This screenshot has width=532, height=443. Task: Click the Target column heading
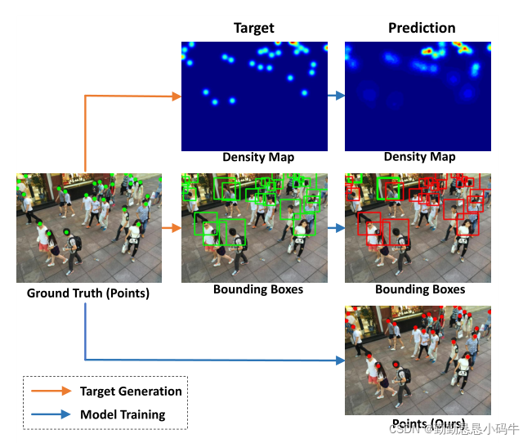tap(254, 29)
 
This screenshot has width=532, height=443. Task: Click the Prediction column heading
tap(422, 29)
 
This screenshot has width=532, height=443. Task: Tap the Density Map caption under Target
tap(258, 157)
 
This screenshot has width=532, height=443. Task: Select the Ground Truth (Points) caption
tap(88, 293)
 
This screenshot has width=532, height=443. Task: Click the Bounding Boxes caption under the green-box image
tap(258, 289)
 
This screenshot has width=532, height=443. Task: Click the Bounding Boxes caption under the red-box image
tap(420, 289)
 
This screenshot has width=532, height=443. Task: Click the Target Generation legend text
tap(131, 392)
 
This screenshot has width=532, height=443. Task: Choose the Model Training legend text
tap(123, 414)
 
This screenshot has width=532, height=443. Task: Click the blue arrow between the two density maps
tap(336, 96)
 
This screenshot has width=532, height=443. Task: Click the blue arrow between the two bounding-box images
tap(336, 228)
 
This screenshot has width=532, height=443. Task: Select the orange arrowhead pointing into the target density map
tap(176, 96)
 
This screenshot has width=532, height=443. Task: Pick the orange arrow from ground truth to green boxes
tap(171, 228)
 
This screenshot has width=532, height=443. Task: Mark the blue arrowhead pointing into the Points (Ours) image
tap(340, 360)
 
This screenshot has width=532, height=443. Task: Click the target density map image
tap(254, 96)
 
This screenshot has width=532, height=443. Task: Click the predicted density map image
tap(418, 96)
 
